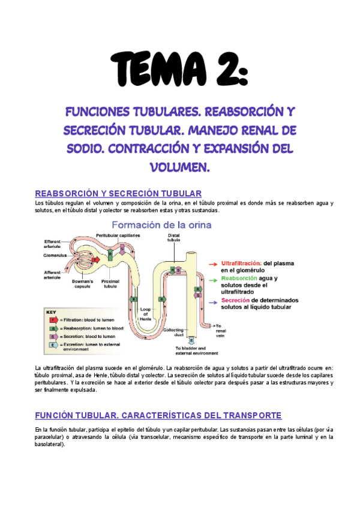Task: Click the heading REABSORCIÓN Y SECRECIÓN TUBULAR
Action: point(119,193)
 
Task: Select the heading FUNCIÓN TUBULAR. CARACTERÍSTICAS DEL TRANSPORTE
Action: point(158,415)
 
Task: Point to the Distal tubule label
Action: point(174,238)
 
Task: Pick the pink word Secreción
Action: point(235,300)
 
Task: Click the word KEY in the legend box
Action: point(52,312)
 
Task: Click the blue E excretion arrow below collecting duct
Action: point(191,341)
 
